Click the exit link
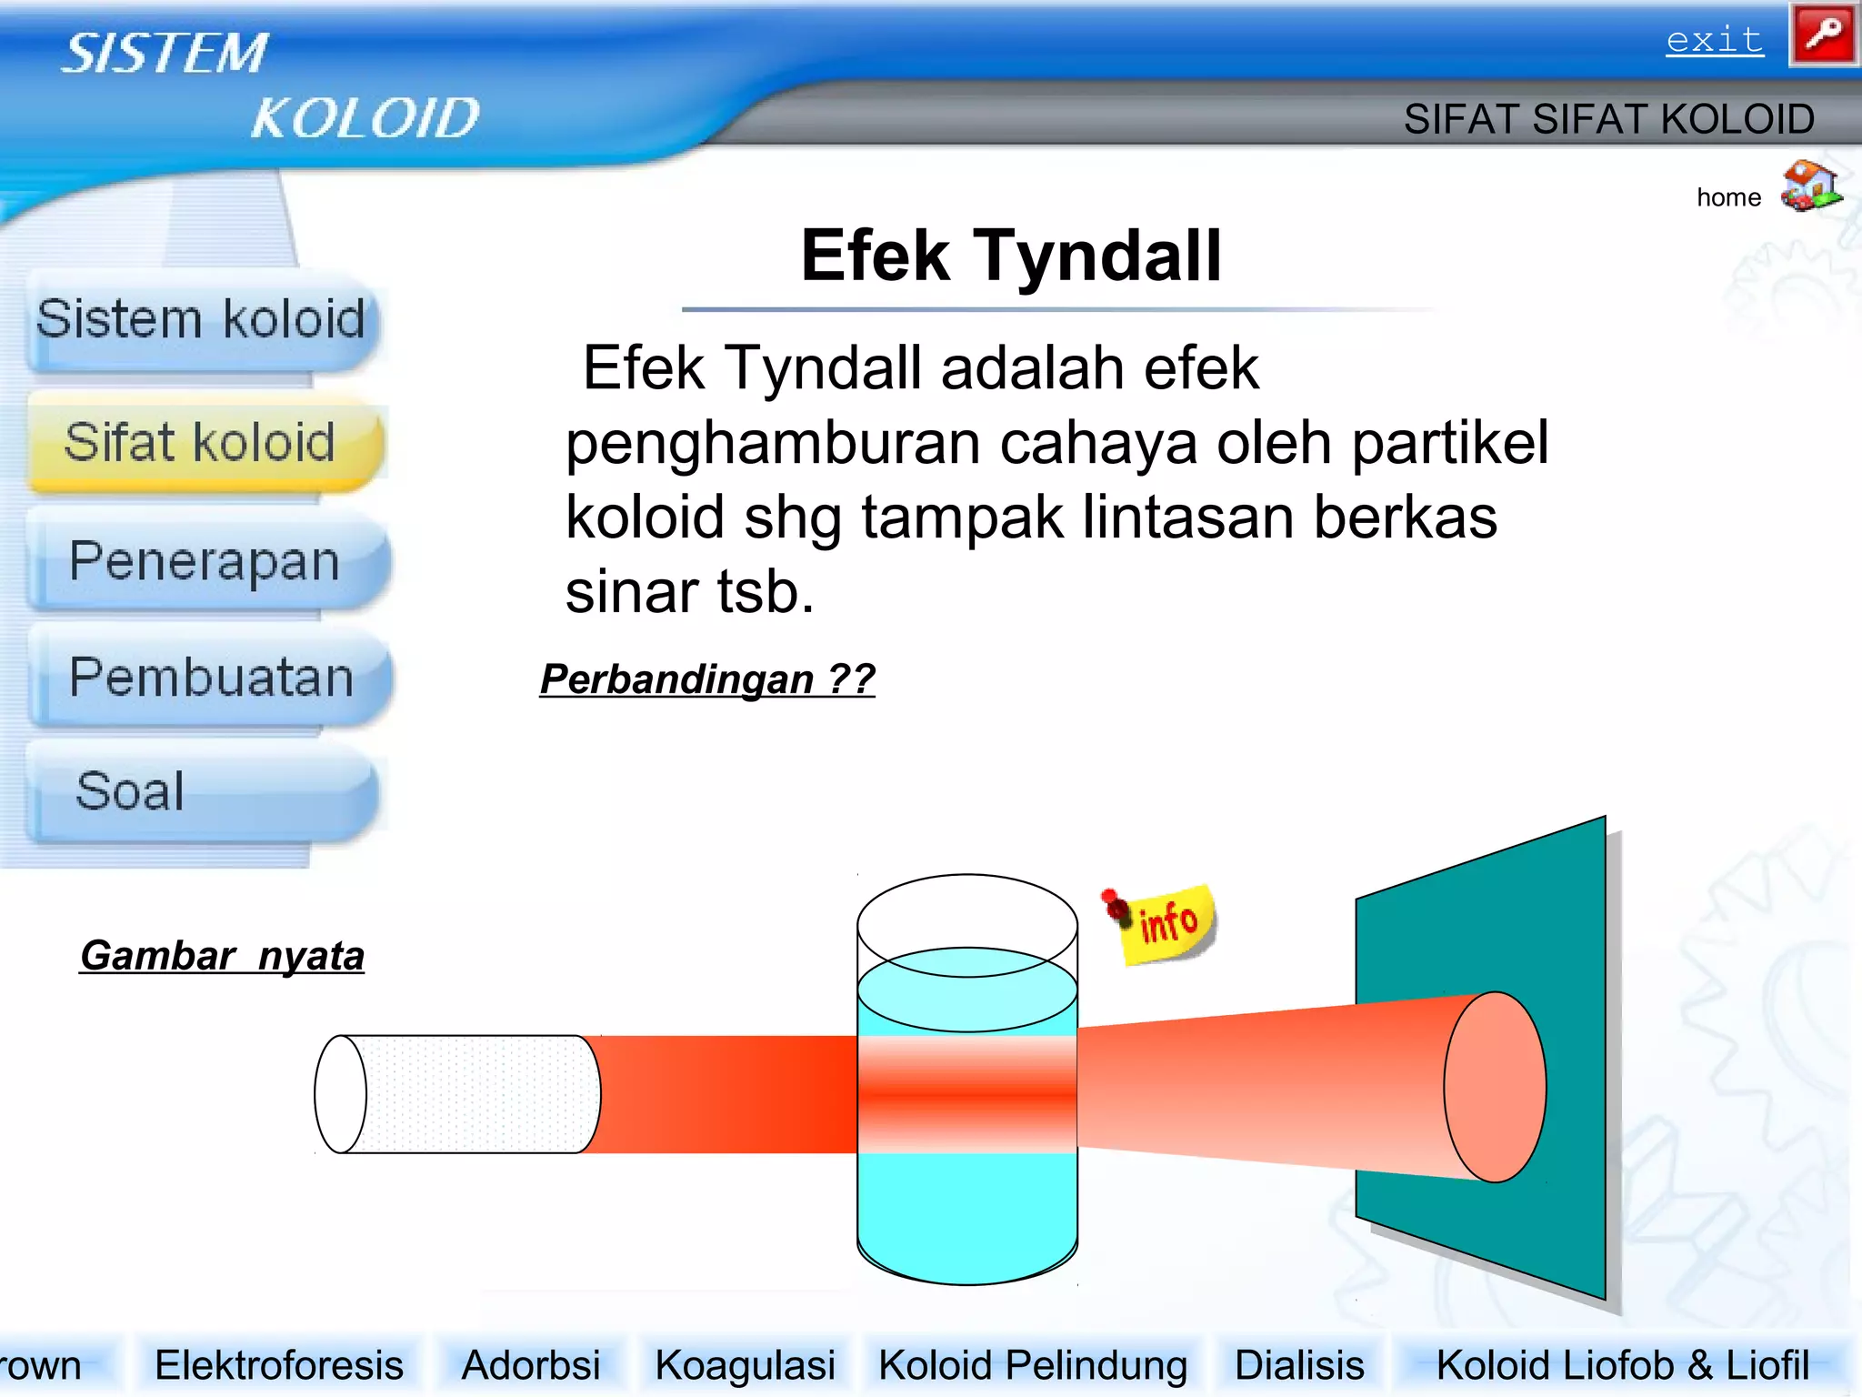1715,41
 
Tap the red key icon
1823,35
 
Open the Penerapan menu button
205,561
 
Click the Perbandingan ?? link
707,679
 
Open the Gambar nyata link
223,956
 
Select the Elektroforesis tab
279,1365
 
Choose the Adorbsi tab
531,1365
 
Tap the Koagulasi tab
745,1365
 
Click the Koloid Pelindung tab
1033,1365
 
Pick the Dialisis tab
1299,1365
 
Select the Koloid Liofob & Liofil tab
1622,1365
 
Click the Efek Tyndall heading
1011,256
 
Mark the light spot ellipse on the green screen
1496,1087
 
